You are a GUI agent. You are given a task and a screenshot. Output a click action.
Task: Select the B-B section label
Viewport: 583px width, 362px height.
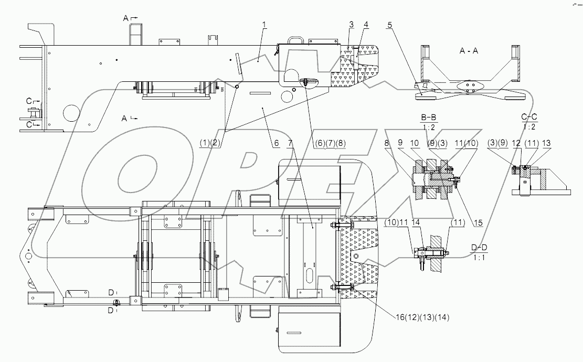[430, 119]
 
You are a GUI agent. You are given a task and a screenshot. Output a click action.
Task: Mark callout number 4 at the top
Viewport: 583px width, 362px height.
[366, 24]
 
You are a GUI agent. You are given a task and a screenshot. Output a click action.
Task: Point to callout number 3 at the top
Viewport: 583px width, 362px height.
[351, 24]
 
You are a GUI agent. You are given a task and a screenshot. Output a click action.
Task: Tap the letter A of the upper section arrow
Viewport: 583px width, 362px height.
[126, 18]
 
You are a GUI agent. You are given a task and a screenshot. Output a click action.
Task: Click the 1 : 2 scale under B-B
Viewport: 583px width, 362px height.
[430, 126]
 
